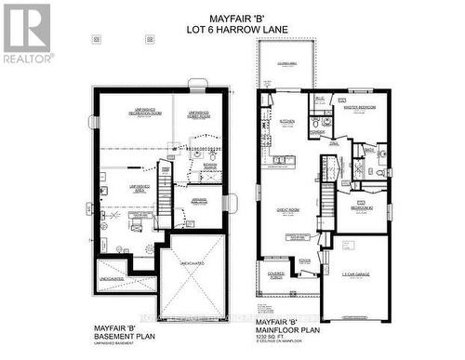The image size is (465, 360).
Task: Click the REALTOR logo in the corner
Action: (26, 32)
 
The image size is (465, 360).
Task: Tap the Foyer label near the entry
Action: (304, 261)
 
